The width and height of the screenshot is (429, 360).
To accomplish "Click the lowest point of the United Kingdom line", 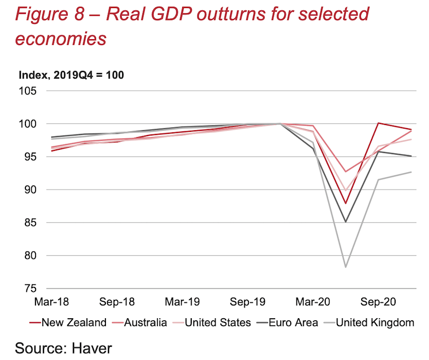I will click(346, 267).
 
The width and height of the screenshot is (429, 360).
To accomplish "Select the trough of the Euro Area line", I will click(346, 222).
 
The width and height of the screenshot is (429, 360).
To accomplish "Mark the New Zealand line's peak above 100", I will click(379, 123).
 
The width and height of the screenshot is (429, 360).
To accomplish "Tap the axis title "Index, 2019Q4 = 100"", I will click(71, 75).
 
